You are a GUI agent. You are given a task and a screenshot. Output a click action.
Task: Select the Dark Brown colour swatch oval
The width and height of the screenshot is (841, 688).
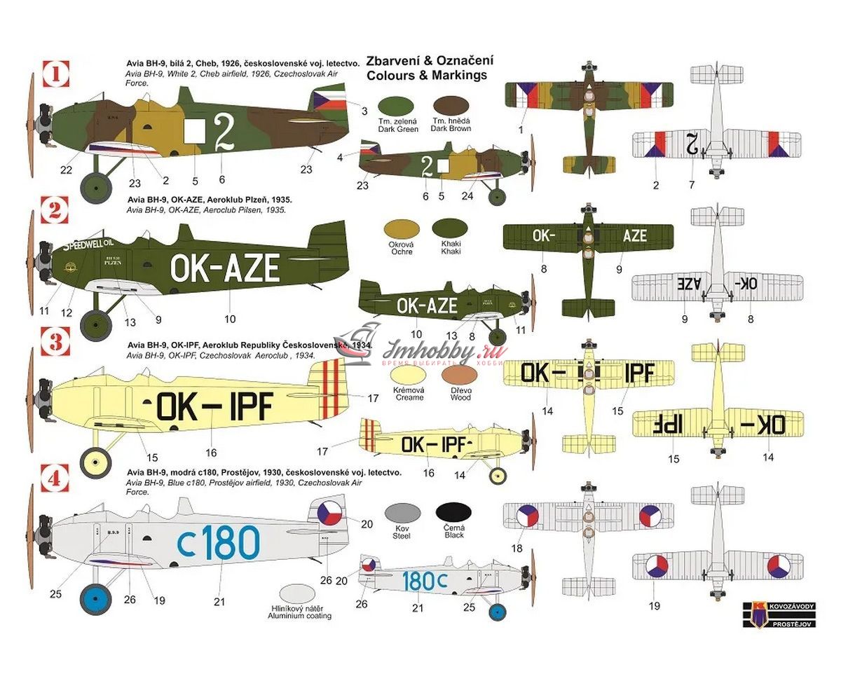[x=452, y=106]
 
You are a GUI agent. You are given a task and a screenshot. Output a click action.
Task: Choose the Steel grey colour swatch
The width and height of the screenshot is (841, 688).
[x=402, y=514]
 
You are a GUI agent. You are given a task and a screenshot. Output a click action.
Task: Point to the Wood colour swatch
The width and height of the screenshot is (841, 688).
[x=460, y=376]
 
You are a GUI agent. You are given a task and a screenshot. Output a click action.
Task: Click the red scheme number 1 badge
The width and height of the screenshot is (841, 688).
[x=57, y=74]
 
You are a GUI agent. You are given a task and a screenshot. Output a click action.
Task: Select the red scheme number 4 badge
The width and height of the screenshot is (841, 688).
[x=56, y=482]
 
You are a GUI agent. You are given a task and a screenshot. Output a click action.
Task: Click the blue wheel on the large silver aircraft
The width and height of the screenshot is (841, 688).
[x=95, y=600]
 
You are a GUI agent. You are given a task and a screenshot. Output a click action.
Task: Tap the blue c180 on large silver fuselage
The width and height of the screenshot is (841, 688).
[x=218, y=542]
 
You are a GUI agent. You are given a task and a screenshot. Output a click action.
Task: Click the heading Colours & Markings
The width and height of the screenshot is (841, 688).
[x=427, y=75]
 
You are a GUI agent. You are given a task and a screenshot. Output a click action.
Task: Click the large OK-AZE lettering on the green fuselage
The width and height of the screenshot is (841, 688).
[x=224, y=268]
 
